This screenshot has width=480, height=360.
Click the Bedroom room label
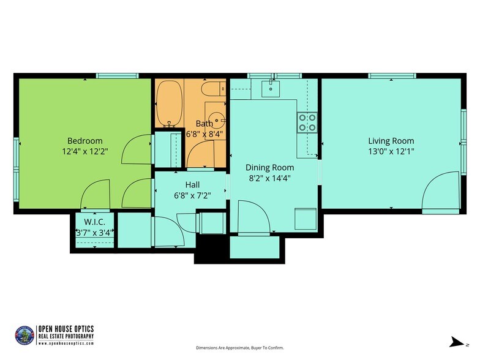point(84,141)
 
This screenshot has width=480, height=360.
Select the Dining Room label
point(269,167)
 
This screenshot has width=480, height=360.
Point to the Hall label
point(192,184)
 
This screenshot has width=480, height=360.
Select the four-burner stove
point(307,122)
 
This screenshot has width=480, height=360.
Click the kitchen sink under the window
point(270,89)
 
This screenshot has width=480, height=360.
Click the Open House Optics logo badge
point(24,335)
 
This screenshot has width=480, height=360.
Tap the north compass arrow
point(455,342)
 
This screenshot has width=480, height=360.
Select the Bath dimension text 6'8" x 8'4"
point(204,133)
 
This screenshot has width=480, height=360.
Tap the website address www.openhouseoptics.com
point(66,343)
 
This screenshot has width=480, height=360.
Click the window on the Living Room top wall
point(392,77)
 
